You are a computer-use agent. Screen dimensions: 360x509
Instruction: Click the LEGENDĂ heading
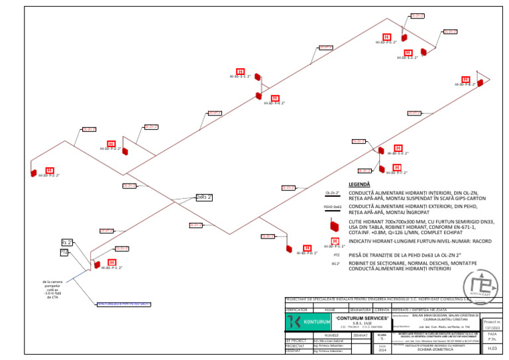[x=359, y=184]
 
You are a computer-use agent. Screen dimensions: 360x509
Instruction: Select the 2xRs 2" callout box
[x=205, y=197]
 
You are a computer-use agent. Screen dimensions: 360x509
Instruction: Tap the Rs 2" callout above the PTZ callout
[x=67, y=242]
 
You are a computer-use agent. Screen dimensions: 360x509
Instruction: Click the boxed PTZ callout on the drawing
[x=64, y=253]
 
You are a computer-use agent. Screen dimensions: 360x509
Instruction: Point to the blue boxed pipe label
[x=124, y=304]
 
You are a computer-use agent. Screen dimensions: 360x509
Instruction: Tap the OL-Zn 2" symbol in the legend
[x=333, y=193]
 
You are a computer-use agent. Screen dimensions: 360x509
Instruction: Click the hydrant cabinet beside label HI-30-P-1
[x=95, y=263]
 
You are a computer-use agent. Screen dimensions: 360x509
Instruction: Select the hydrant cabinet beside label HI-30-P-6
[x=288, y=249]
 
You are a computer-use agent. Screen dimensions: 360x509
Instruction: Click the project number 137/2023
[x=492, y=327]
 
